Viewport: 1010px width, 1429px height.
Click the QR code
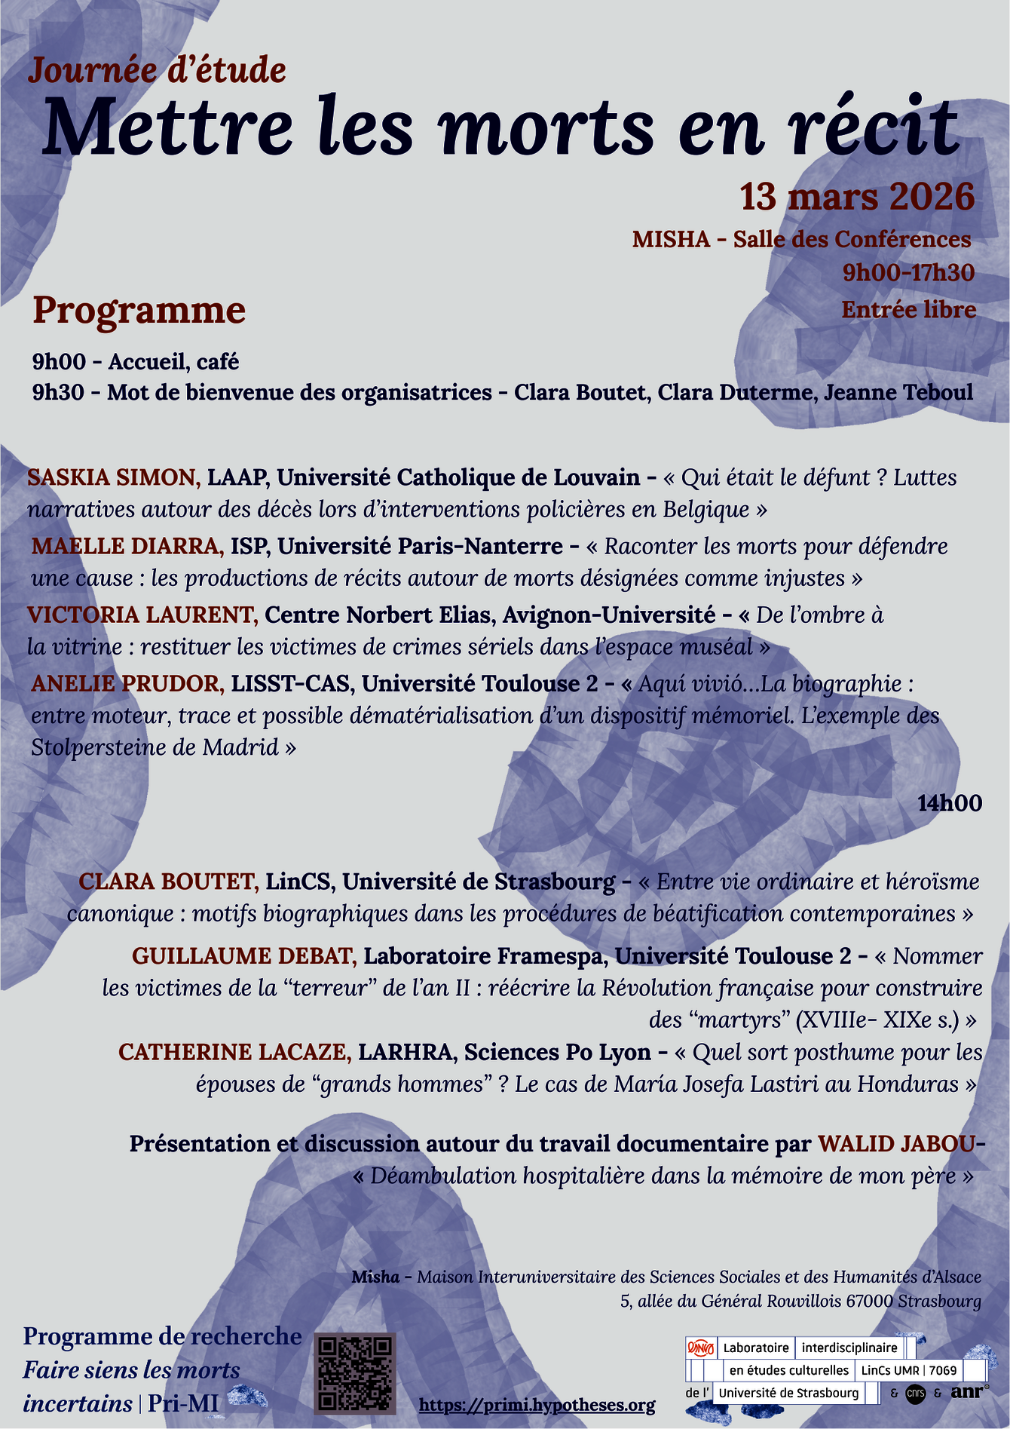(354, 1372)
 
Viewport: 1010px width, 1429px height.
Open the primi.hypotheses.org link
(537, 1405)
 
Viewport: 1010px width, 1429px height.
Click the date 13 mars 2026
(857, 197)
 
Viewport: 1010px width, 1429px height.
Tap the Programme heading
(139, 311)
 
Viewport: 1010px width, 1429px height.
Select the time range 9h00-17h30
(908, 273)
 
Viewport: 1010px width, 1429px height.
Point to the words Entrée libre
(908, 310)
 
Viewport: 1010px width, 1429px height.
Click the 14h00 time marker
(949, 803)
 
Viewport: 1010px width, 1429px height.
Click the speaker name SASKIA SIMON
(114, 477)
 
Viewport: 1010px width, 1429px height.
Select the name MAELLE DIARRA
(127, 546)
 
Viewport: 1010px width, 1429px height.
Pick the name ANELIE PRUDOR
(127, 684)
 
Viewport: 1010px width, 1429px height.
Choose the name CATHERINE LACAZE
(234, 1052)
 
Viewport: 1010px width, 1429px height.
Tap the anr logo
(969, 1392)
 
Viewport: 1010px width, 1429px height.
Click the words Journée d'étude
(158, 71)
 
